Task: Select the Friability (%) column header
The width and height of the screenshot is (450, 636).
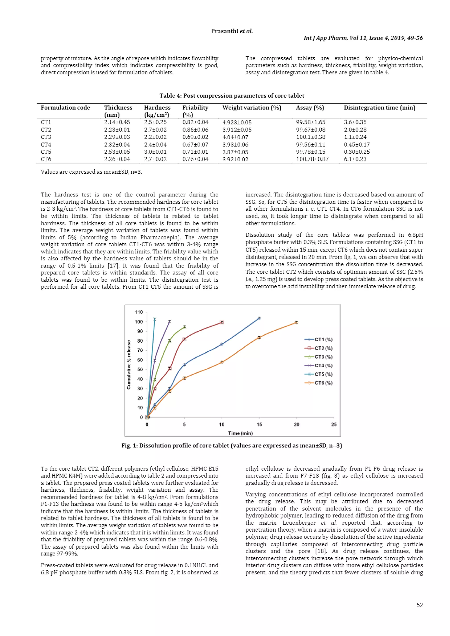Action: (195, 111)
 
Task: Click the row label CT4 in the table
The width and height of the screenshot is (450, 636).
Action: (46, 145)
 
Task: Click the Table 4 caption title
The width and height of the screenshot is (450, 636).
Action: (232, 95)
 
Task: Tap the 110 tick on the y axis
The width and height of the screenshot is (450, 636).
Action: (139, 312)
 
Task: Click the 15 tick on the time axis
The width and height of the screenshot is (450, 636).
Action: (259, 424)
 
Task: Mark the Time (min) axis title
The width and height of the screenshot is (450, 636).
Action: (240, 433)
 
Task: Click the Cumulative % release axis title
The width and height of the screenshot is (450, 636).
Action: (129, 365)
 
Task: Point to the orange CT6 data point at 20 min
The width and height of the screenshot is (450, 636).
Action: (296, 322)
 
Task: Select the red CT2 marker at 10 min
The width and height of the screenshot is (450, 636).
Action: (221, 322)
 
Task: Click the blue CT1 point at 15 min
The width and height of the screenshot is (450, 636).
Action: (259, 318)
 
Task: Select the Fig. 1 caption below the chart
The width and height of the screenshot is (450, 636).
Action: (232, 446)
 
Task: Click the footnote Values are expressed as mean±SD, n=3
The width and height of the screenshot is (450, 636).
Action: (91, 172)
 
